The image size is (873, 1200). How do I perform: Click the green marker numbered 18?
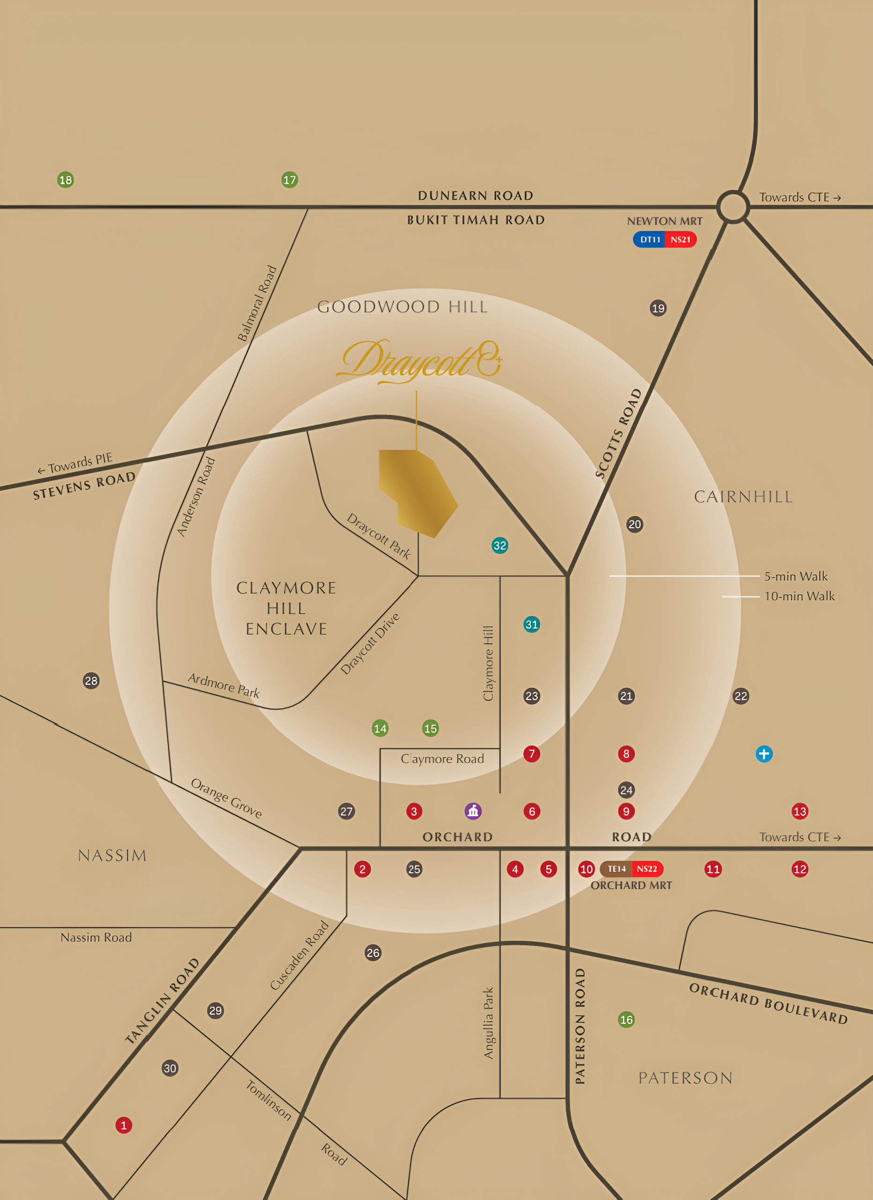(x=66, y=180)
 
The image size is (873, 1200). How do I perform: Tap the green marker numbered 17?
(x=290, y=180)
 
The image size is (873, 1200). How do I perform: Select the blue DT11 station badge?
(x=650, y=240)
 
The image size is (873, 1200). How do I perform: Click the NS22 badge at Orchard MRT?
(x=647, y=869)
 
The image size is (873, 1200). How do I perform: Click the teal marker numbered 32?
(x=500, y=546)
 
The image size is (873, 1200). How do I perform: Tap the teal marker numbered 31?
(x=532, y=624)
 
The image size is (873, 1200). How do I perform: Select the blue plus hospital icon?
(x=764, y=754)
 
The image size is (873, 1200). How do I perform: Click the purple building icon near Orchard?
(x=473, y=811)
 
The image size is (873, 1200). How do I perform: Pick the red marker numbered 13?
(x=800, y=811)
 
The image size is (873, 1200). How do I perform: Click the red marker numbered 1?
(x=124, y=1125)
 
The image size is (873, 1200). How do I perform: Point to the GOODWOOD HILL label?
(x=402, y=307)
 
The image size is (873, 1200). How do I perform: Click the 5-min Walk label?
(x=796, y=576)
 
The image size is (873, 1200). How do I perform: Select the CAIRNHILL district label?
(x=743, y=497)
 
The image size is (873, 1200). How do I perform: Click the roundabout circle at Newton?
(x=733, y=206)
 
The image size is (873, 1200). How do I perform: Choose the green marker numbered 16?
(x=627, y=1020)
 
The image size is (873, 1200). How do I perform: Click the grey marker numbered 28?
(x=91, y=681)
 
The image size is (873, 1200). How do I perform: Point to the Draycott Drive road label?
(x=370, y=644)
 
